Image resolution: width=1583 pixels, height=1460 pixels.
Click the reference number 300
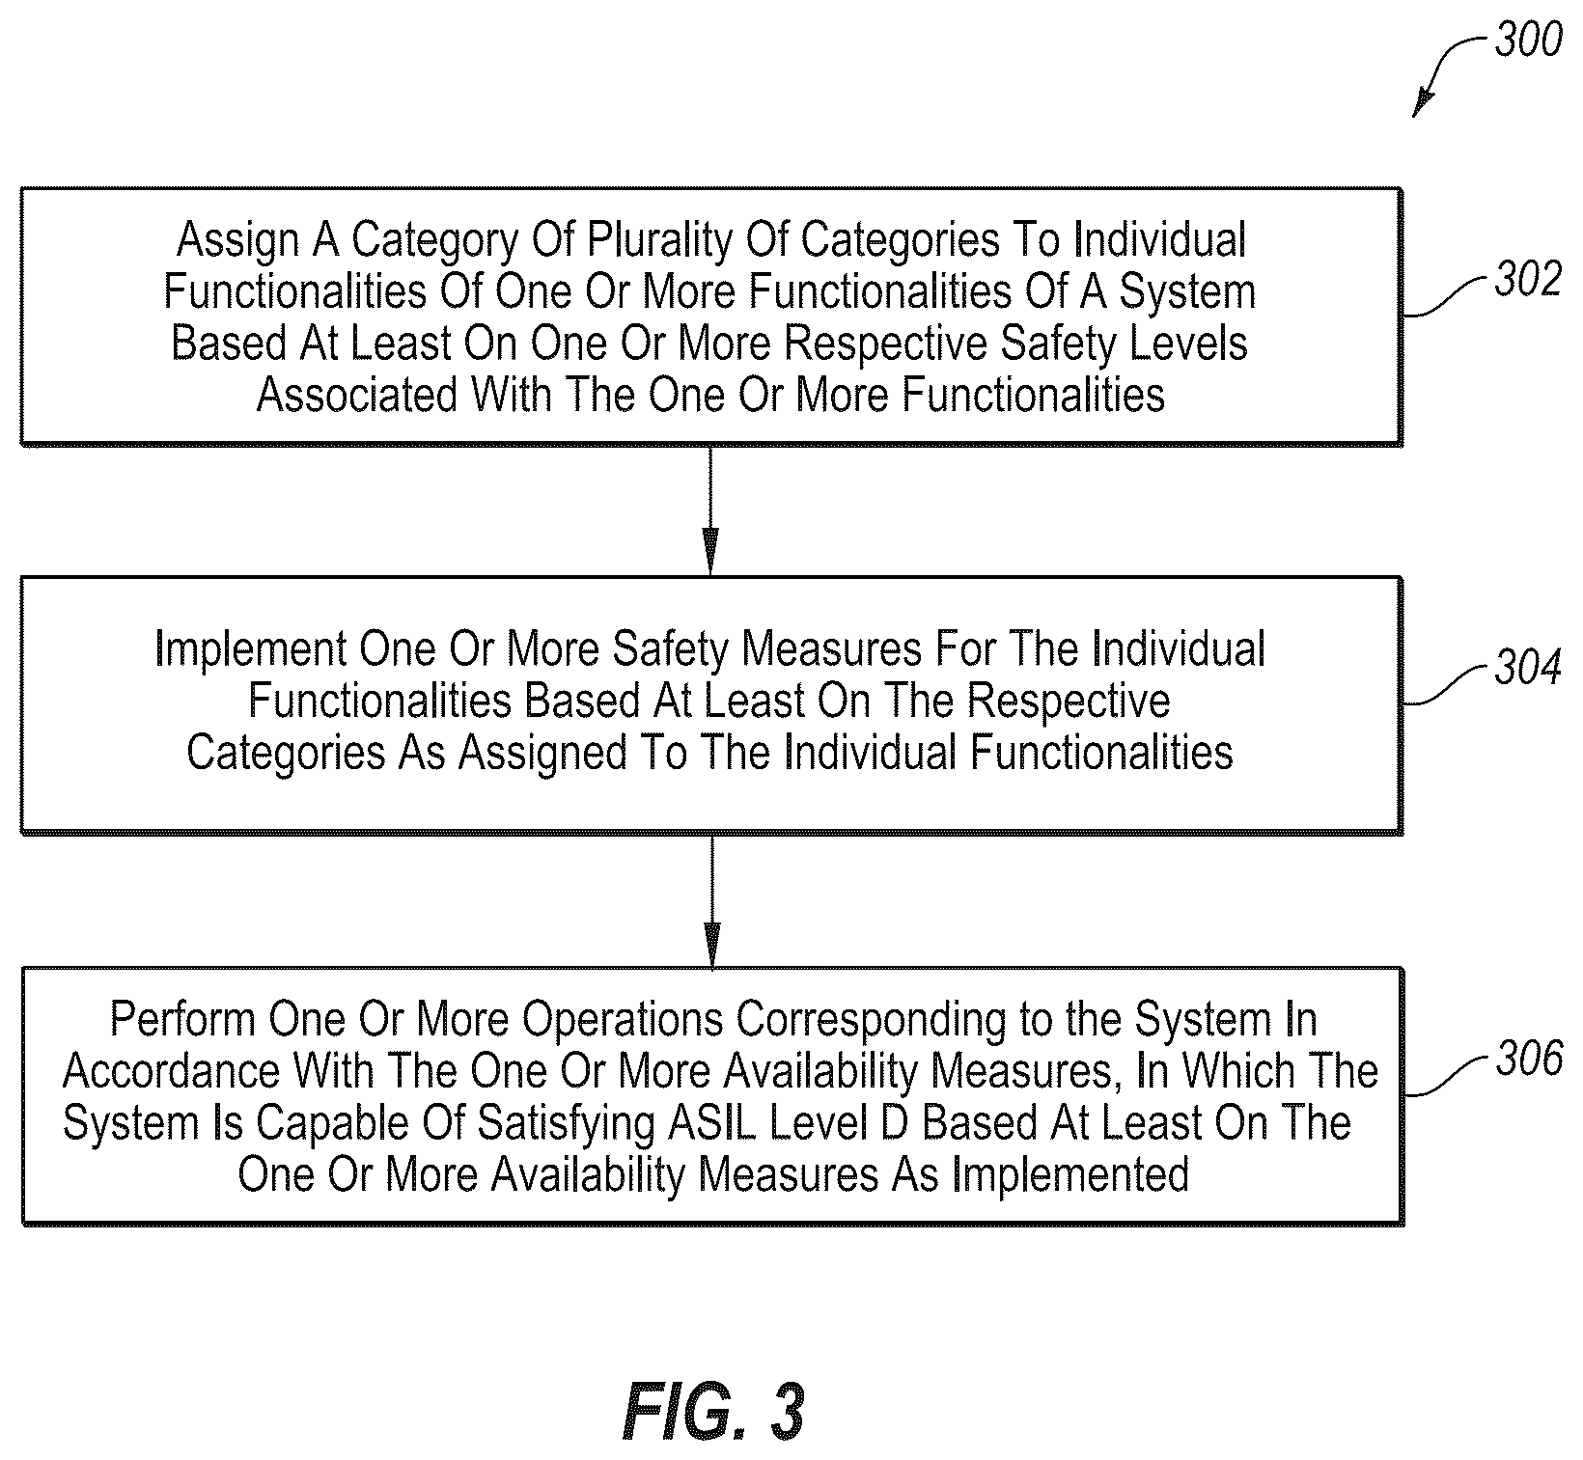coord(1528,40)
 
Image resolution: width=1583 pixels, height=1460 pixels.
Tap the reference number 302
coord(1528,279)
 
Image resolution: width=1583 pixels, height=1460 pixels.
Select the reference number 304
coord(1528,668)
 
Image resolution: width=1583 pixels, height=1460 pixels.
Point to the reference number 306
coord(1529,1059)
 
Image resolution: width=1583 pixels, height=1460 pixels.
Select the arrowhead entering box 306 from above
coord(711,945)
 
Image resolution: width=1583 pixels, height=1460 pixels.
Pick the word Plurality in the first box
coord(657,240)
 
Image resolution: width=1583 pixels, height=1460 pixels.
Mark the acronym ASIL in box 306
coord(708,1123)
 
